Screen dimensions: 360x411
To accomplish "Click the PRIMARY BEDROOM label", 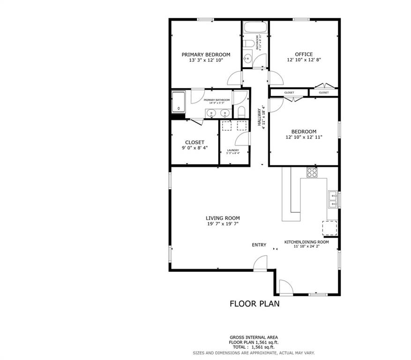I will pyautogui.click(x=206, y=54).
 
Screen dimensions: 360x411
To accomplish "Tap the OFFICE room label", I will pyautogui.click(x=304, y=54).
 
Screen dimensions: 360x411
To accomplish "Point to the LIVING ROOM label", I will pyautogui.click(x=223, y=218).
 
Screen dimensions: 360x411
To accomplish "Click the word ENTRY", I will pyautogui.click(x=259, y=245).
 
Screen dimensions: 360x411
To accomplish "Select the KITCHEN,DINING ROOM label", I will pyautogui.click(x=306, y=242).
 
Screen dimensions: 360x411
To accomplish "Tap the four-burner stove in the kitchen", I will pyautogui.click(x=312, y=172).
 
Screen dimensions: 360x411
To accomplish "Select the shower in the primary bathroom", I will pyautogui.click(x=179, y=102).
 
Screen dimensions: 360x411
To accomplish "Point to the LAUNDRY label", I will pyautogui.click(x=233, y=150).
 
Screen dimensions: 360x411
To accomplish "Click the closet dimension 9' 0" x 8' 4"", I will pyautogui.click(x=194, y=148).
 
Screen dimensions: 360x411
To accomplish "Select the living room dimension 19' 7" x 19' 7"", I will pyautogui.click(x=223, y=224).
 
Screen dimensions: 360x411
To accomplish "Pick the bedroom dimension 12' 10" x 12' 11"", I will pyautogui.click(x=304, y=137).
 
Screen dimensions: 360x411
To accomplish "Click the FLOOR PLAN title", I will pyautogui.click(x=254, y=304).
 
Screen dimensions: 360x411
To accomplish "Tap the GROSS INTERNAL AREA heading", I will pyautogui.click(x=254, y=337).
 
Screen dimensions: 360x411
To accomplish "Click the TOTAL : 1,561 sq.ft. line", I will pyautogui.click(x=254, y=347).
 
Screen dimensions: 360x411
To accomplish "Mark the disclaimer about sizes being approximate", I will pyautogui.click(x=254, y=352).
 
